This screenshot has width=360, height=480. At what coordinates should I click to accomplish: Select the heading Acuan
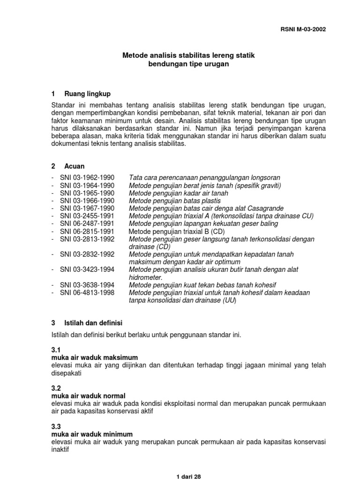(75, 166)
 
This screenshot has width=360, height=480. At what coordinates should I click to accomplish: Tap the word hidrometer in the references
(145, 277)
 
